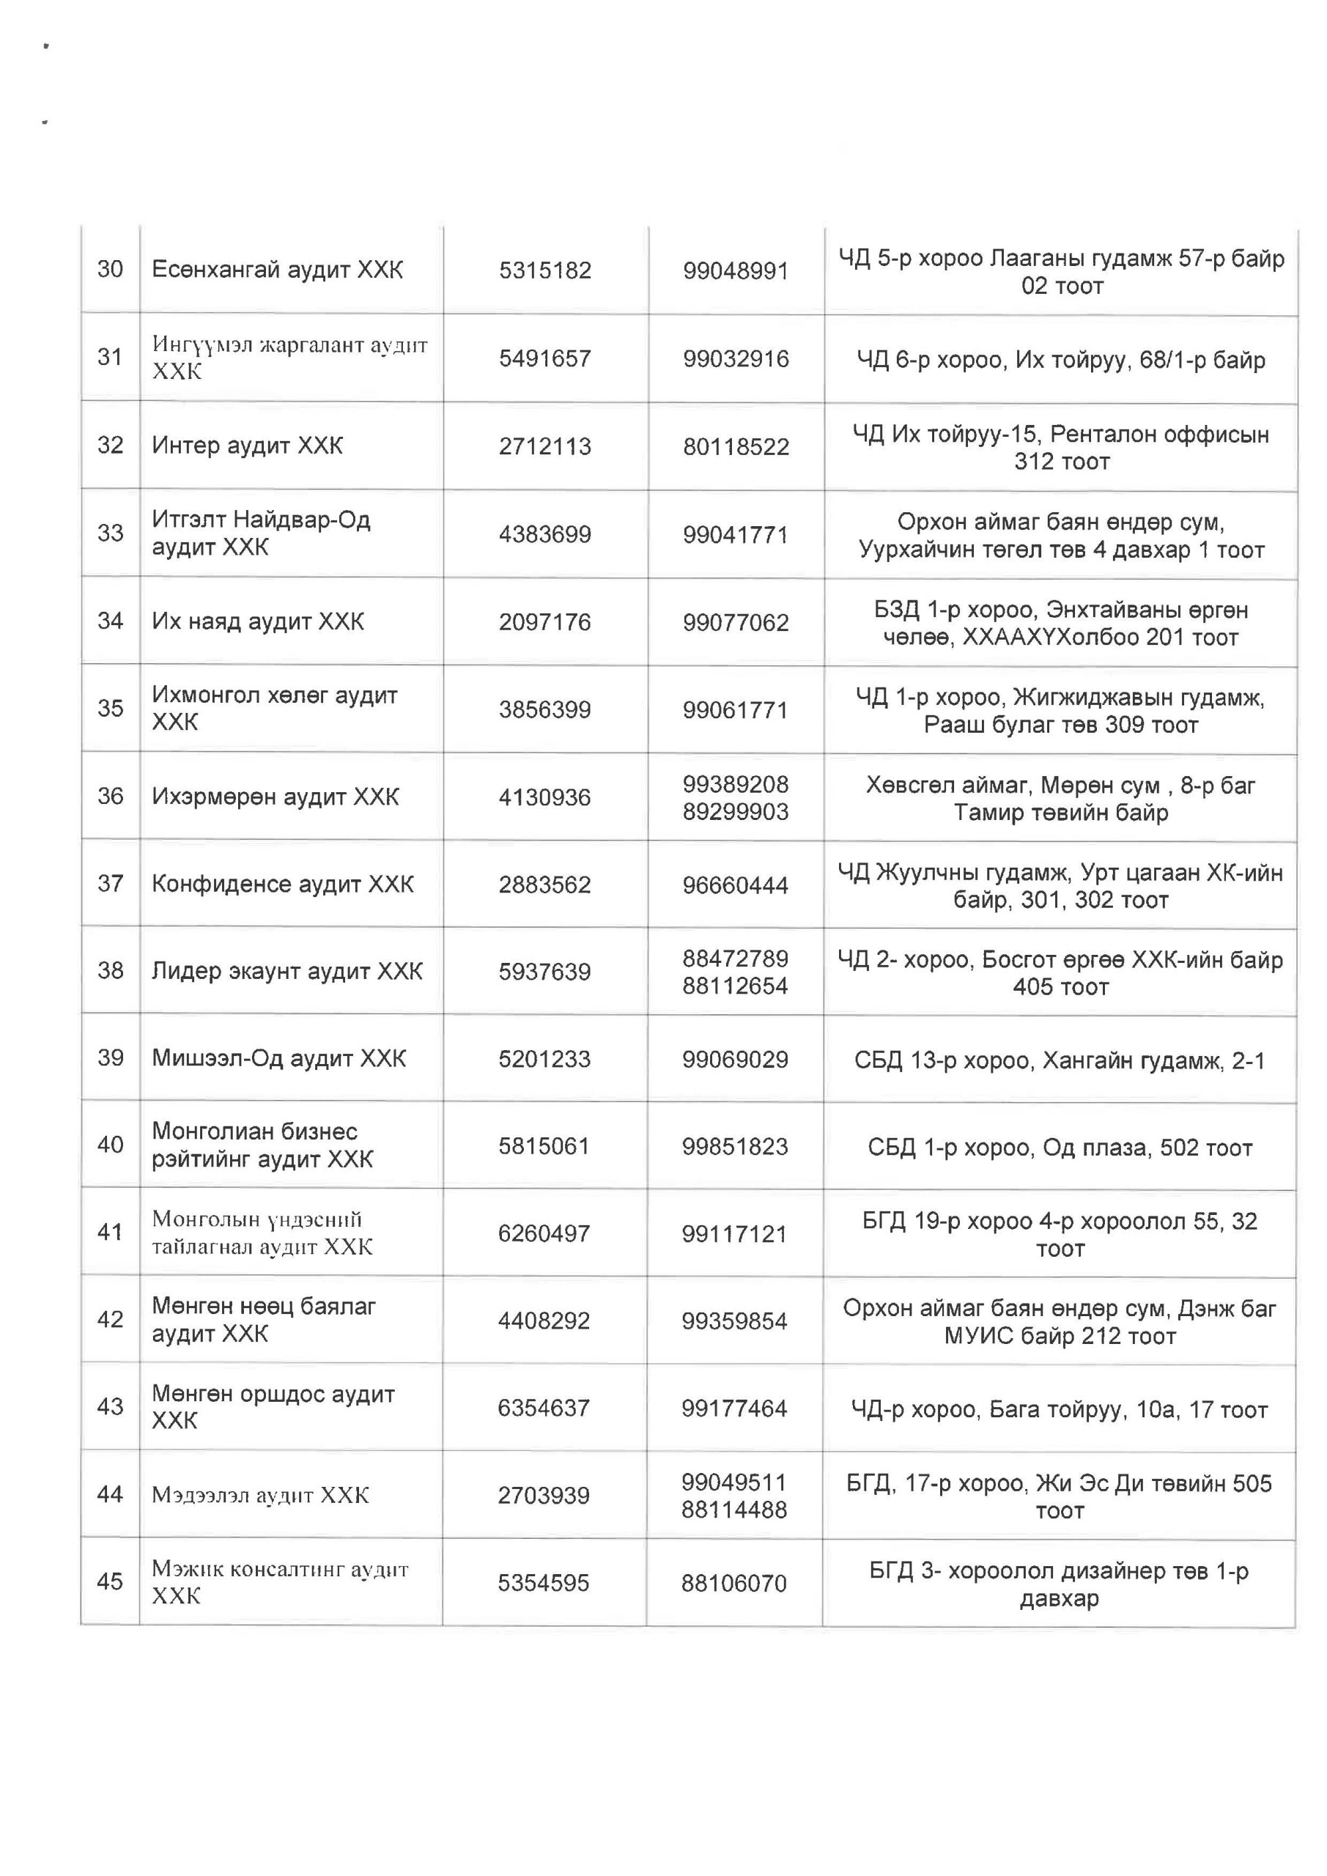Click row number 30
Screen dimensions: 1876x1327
tap(111, 269)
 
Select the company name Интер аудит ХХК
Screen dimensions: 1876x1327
tap(247, 446)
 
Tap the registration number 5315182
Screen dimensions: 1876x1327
tap(545, 270)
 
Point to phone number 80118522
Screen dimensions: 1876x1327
tap(736, 447)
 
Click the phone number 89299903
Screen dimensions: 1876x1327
tap(736, 811)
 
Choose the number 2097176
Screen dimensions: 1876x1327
tap(545, 622)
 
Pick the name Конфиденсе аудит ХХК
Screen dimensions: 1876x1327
tap(283, 883)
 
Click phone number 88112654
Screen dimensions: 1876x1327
tap(736, 986)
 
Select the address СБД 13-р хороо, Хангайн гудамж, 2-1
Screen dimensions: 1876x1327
tap(1060, 1060)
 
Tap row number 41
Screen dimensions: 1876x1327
tap(111, 1231)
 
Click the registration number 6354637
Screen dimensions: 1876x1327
tap(544, 1408)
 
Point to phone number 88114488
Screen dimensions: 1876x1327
tap(733, 1509)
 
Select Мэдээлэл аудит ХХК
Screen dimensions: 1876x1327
tap(260, 1495)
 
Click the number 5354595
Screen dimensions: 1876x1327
tap(544, 1583)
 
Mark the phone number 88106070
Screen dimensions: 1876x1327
tap(733, 1584)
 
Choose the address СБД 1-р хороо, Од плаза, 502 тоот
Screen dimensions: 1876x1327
tap(1060, 1148)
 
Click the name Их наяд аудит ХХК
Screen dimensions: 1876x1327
tap(257, 622)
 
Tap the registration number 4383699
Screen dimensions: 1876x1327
tap(545, 534)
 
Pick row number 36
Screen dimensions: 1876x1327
tap(111, 796)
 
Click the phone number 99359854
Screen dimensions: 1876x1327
tap(733, 1321)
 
